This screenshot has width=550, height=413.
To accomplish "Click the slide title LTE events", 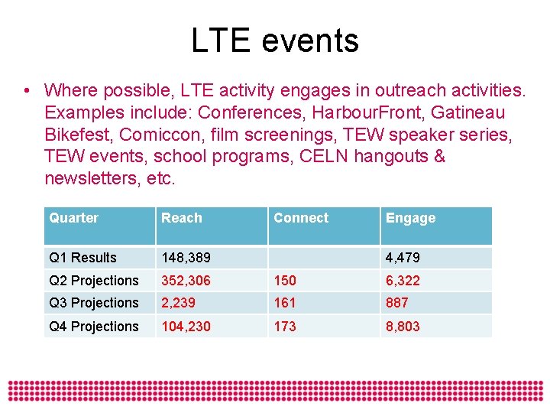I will point(274,41).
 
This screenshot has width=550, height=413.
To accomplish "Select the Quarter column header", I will point(73,218).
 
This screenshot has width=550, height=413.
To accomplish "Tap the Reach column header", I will point(182,218).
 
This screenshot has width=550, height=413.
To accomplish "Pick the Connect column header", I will point(301,218).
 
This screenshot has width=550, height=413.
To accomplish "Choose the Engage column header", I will point(410,219).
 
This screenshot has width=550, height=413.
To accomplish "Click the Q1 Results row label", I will point(82,258).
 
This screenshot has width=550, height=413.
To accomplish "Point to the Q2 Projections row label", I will point(93,281).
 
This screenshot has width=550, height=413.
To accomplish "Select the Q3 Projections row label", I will point(93,303).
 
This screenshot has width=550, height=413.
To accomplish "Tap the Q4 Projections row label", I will point(93,327).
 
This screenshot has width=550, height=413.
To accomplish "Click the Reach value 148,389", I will point(186,258).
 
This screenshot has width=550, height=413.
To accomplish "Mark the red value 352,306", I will point(186,281).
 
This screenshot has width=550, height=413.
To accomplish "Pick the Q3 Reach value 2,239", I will point(179,303).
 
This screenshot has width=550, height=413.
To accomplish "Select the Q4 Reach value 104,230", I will point(186,327).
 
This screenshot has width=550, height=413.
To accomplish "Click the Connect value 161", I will point(284,303).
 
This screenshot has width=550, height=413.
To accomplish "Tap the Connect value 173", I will point(284,327).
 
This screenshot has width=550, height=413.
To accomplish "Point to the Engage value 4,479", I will point(403,258).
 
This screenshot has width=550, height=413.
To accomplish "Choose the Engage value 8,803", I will point(403,327).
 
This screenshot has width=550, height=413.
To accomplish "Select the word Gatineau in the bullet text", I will point(467,113).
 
